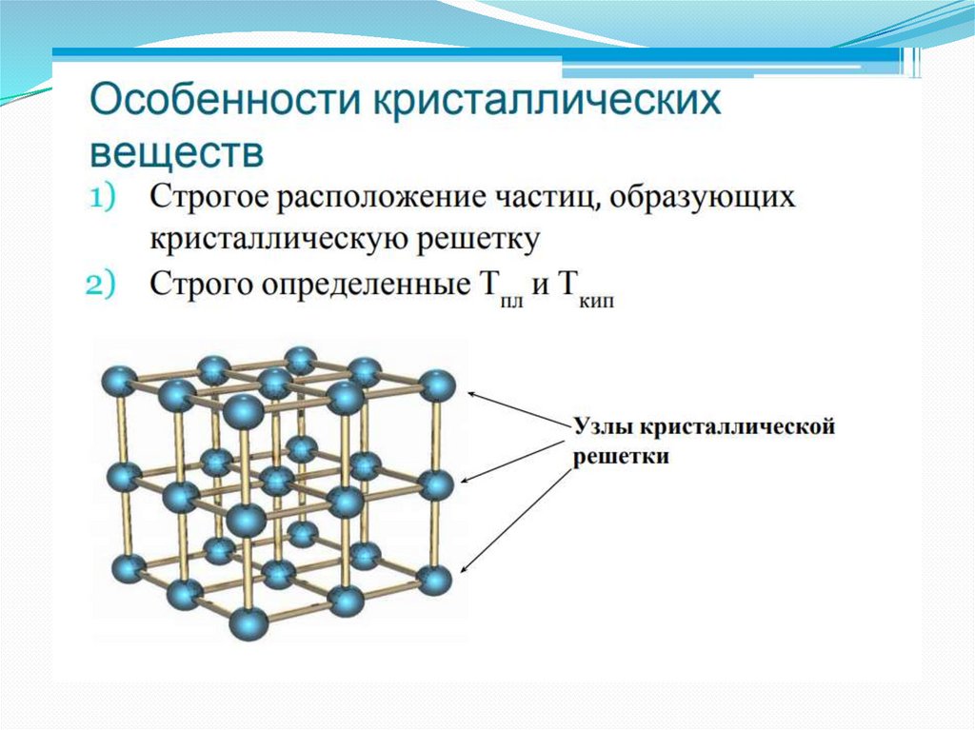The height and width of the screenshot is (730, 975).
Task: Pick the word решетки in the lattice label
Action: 621,457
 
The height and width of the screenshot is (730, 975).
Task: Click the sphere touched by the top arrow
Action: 437,386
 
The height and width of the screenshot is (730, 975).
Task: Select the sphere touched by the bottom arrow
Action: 434,580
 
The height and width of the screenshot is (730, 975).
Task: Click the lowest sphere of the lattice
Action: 247,624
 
